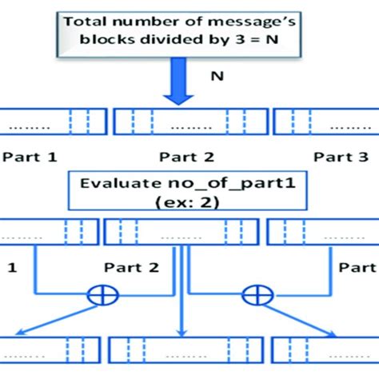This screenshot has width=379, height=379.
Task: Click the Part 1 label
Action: point(29,158)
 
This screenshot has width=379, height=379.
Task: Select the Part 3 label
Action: point(343,158)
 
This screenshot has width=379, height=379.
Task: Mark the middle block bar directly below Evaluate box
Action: point(179,232)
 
